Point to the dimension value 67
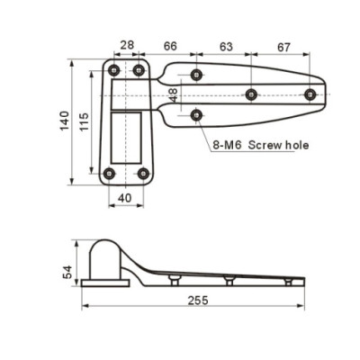coord(283,45)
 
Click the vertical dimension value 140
coord(65,121)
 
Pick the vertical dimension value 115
coord(85,121)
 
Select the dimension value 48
coord(173,94)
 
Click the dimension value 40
coord(125,198)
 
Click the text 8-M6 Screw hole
coord(261,144)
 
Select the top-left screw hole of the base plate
coord(113,70)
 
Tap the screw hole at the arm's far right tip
coord(310,94)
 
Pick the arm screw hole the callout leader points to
coord(196,114)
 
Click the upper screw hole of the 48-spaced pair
coord(196,74)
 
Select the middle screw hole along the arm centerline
coord(251,94)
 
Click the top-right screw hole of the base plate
coord(139,70)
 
